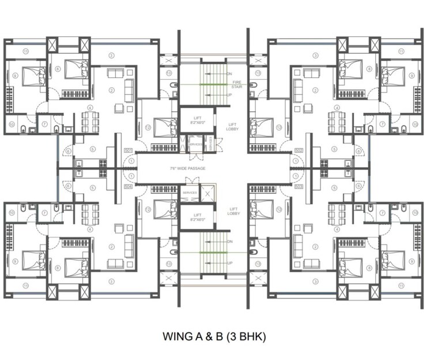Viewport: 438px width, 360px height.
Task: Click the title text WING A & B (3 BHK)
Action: (214, 335)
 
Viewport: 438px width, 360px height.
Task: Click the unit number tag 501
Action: (128, 151)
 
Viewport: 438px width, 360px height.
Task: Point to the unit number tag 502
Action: (299, 151)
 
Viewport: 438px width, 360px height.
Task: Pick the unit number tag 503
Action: (299, 187)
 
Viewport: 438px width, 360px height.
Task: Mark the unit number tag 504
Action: (128, 187)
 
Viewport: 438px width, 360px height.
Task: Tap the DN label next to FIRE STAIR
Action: (229, 74)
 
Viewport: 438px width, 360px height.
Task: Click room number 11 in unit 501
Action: (26, 51)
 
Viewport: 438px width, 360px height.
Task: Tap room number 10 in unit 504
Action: (12, 213)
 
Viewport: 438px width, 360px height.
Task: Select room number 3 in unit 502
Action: (315, 56)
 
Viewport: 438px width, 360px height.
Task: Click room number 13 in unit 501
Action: (169, 73)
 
